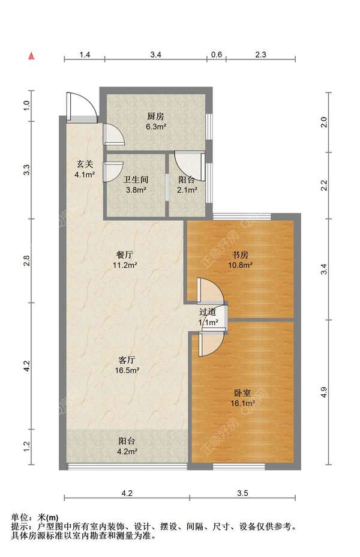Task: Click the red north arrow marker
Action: (32, 56)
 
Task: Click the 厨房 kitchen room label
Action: (155, 116)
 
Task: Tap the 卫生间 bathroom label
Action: (136, 179)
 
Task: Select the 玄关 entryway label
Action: (85, 164)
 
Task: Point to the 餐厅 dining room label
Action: (125, 254)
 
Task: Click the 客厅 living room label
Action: (127, 360)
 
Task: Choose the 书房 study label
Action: (240, 254)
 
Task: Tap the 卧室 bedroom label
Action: (242, 393)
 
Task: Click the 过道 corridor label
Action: (208, 312)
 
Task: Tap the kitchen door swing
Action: (113, 134)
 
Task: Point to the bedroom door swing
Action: (211, 345)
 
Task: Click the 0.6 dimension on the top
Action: (216, 55)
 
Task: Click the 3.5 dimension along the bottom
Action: (242, 493)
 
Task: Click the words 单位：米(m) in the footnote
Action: (35, 517)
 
